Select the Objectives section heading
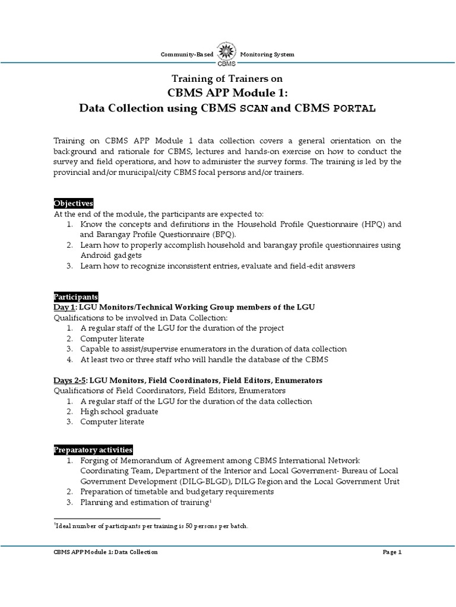click(x=74, y=203)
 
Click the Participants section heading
click(x=75, y=297)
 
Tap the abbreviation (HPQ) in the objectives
click(x=368, y=225)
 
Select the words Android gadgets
click(x=112, y=255)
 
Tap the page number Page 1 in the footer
click(x=392, y=552)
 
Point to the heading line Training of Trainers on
click(x=227, y=79)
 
